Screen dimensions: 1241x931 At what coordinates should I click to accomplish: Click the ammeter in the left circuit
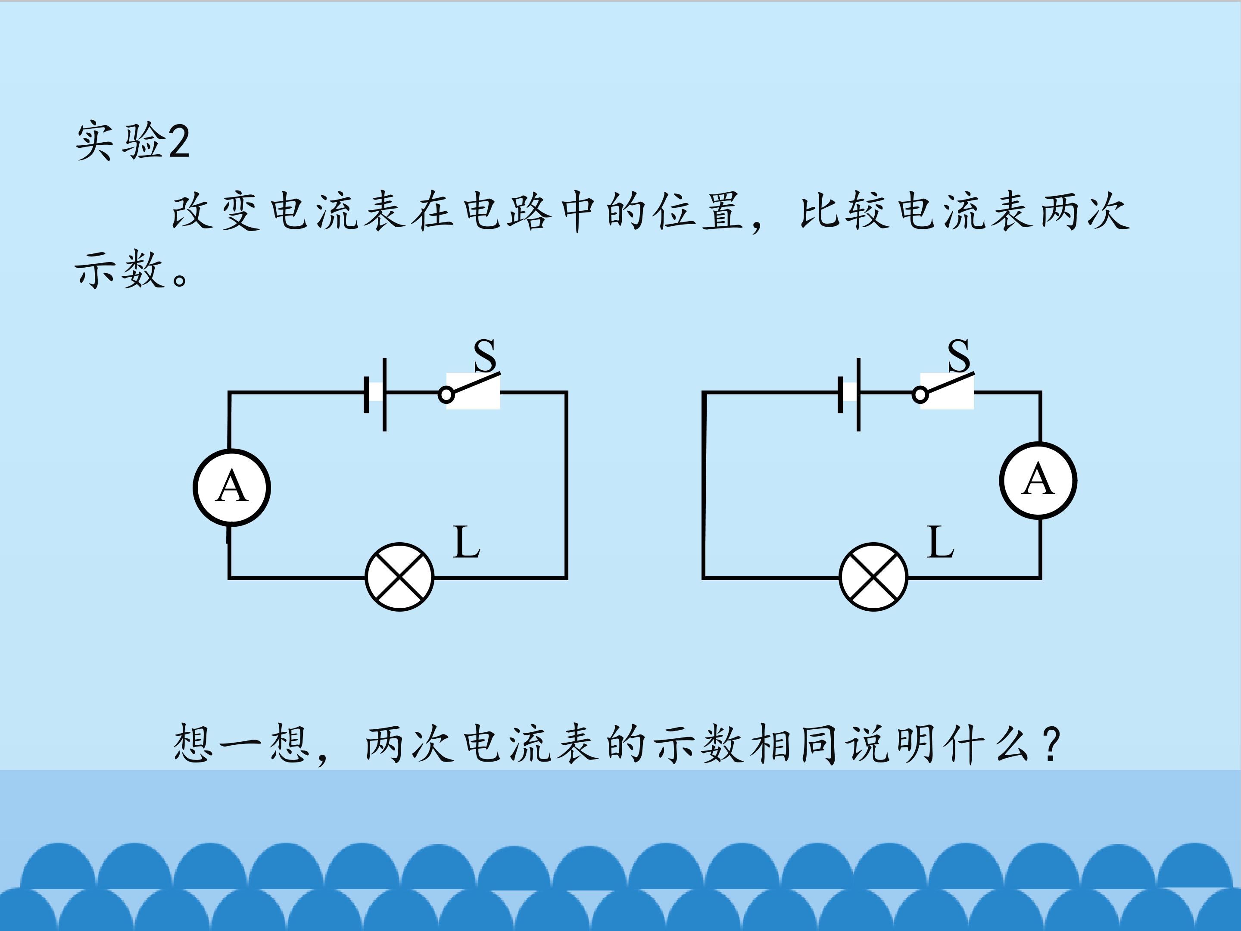click(x=232, y=487)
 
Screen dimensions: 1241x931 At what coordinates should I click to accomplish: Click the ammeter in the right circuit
click(x=1038, y=481)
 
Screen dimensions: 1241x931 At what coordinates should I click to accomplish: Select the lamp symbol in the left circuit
click(x=399, y=577)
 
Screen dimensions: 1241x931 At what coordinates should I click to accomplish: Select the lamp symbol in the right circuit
click(x=873, y=577)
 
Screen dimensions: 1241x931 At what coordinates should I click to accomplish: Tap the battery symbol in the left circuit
click(x=375, y=394)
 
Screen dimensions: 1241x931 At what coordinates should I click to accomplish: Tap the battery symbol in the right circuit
click(x=849, y=394)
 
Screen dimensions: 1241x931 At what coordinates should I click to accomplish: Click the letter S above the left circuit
click(x=485, y=355)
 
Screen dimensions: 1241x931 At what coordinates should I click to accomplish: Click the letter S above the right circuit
click(x=959, y=355)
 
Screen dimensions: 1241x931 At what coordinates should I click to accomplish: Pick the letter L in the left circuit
click(x=466, y=542)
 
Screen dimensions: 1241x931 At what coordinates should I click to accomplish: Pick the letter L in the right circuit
click(x=940, y=542)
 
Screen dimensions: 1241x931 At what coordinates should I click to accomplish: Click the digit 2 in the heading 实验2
click(x=178, y=141)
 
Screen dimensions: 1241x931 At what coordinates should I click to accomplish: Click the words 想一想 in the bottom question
click(x=242, y=744)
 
